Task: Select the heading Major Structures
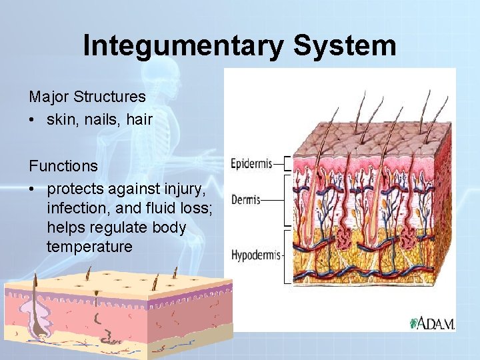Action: click(x=87, y=97)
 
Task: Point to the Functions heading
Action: click(x=63, y=165)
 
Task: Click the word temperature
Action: click(x=90, y=246)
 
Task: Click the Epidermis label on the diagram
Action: click(x=251, y=163)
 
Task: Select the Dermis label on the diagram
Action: click(x=245, y=199)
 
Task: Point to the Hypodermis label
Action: click(x=257, y=255)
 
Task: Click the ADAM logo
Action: click(x=433, y=323)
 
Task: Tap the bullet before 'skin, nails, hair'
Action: click(x=33, y=121)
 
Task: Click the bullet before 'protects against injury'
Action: click(x=33, y=189)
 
